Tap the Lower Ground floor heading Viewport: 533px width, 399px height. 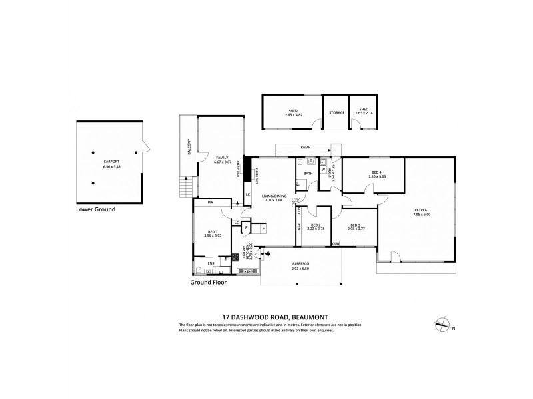click(96, 209)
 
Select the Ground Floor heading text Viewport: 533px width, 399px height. click(208, 282)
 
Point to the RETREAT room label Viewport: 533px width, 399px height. click(421, 212)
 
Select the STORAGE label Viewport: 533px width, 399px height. click(336, 112)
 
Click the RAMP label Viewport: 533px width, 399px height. click(306, 147)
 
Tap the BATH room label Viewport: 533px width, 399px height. click(308, 174)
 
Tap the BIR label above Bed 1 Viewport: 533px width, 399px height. click(210, 202)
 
